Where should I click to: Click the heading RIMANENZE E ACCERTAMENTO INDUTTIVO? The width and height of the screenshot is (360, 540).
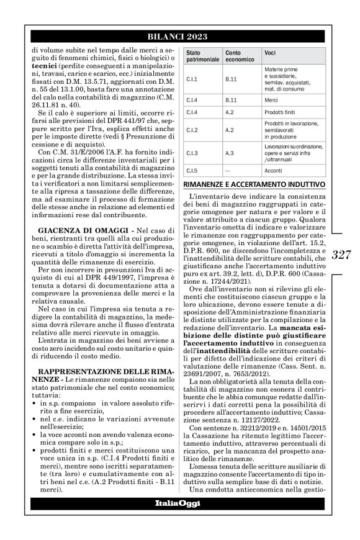coord(254,184)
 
